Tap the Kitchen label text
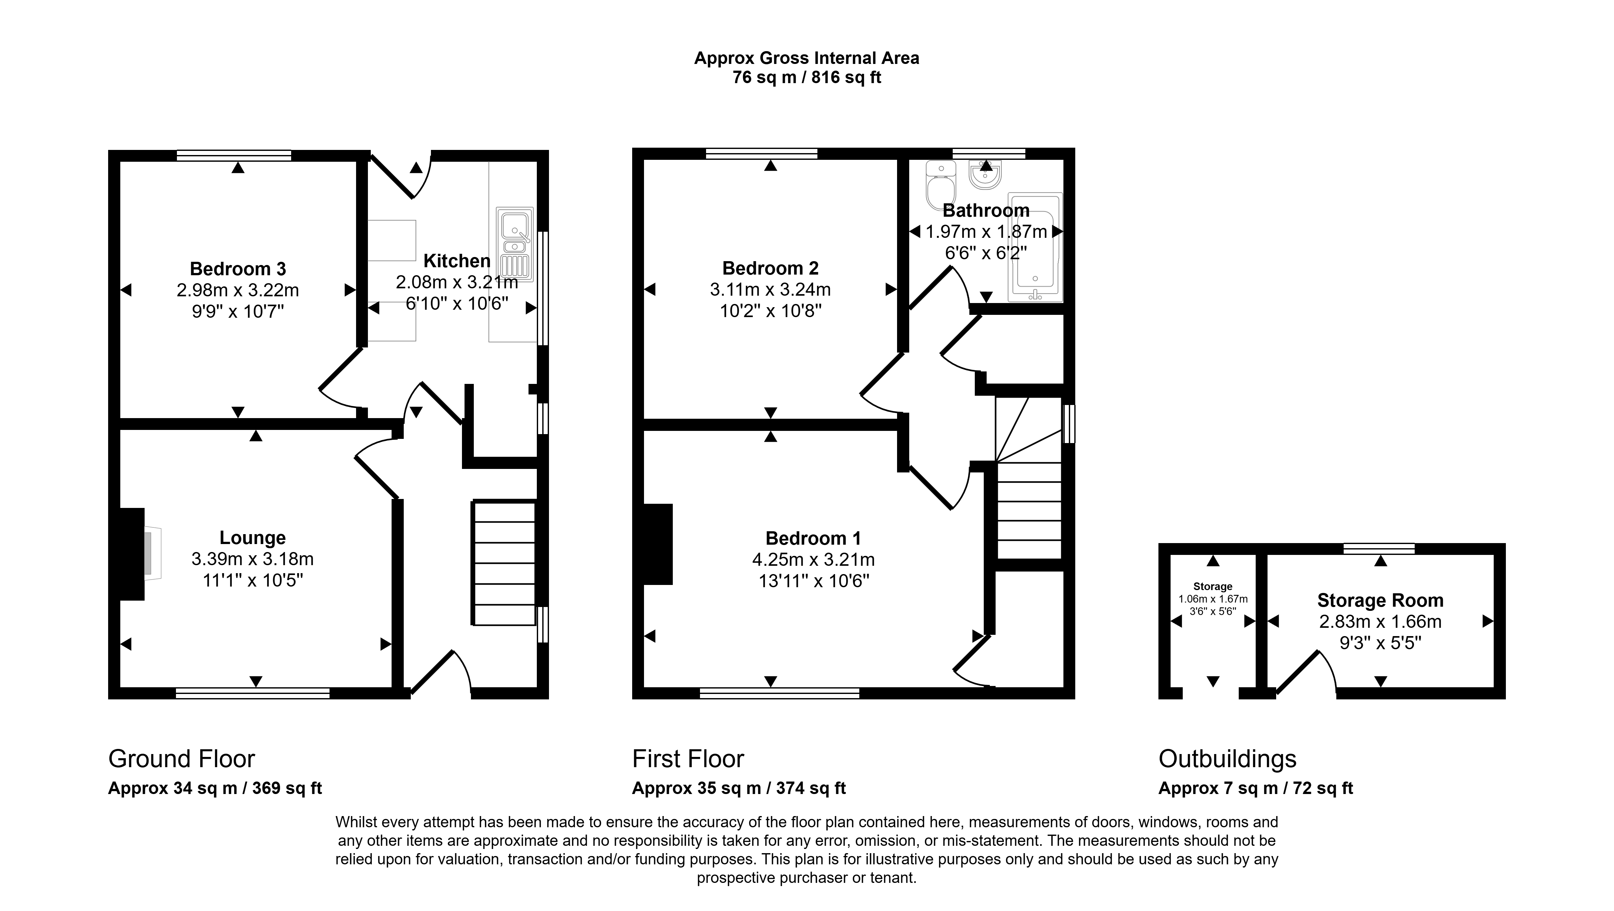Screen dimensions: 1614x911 click(x=457, y=261)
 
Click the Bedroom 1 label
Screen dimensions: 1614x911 click(x=813, y=539)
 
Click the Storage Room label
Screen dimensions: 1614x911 click(x=1380, y=600)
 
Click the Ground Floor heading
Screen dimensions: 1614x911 click(x=182, y=759)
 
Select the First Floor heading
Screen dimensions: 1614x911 click(x=688, y=759)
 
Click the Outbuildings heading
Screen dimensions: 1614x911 click(x=1228, y=759)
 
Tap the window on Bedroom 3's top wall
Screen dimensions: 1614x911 click(x=234, y=155)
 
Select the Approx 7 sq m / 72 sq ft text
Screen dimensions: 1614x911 click(x=1256, y=788)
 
